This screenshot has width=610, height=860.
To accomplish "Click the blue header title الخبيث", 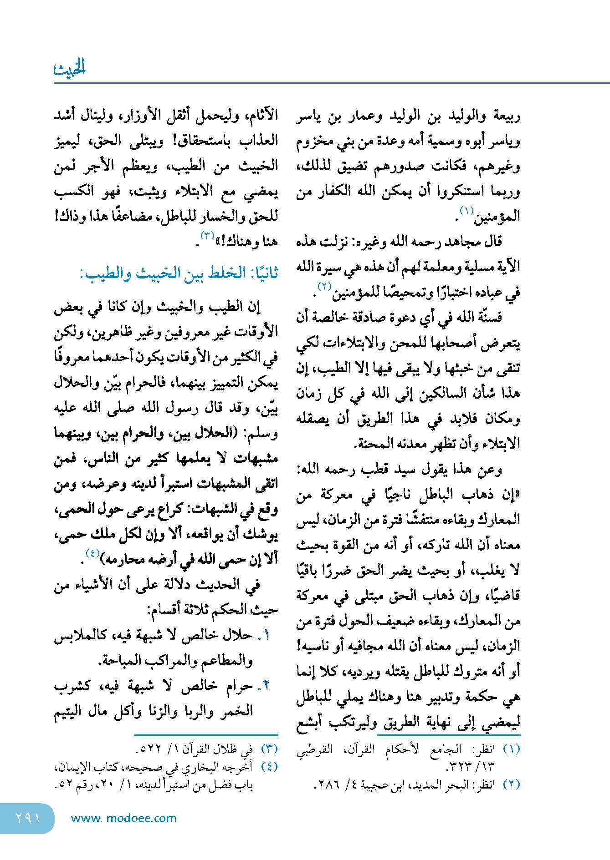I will click(x=69, y=68).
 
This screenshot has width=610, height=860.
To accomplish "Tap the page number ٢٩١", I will click(x=28, y=818).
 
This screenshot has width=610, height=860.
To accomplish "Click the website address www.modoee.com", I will click(x=123, y=818).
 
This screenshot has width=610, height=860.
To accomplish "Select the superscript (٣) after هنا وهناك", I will click(x=207, y=235).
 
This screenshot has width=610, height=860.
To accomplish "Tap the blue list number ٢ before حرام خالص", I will click(x=266, y=686).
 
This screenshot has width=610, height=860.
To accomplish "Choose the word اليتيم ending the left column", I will click(x=68, y=711).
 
